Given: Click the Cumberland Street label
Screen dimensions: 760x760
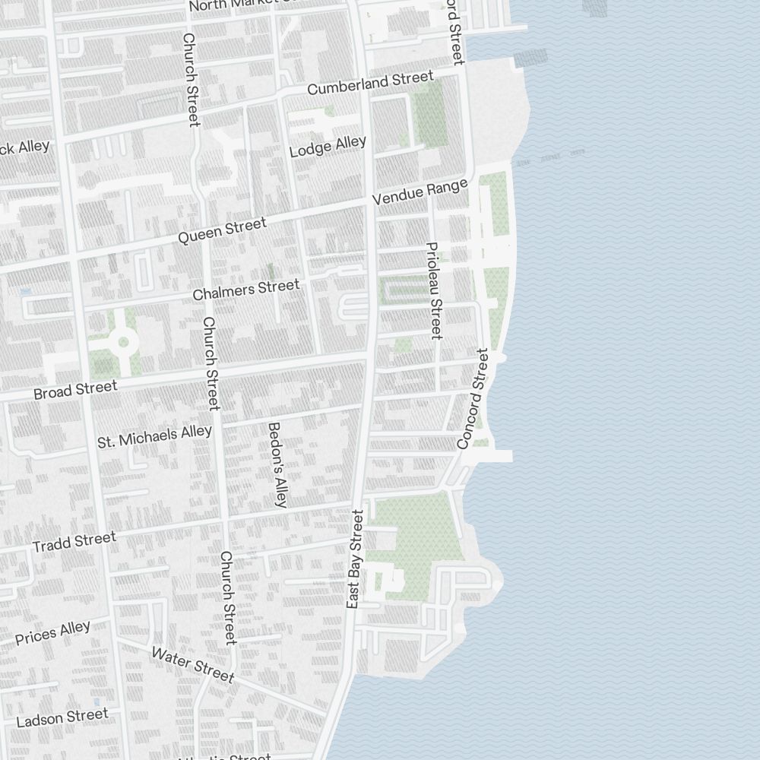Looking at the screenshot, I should click(370, 83).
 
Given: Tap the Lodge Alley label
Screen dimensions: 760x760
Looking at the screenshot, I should click(328, 146).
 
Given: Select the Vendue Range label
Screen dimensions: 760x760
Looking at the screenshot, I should click(419, 192).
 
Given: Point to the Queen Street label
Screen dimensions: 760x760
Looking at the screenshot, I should click(222, 230).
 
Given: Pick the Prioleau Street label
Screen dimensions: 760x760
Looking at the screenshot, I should click(434, 290).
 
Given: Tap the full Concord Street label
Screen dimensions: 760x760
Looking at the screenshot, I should click(472, 398).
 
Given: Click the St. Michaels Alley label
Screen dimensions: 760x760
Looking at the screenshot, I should click(155, 436).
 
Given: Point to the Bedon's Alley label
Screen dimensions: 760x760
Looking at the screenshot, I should click(277, 464).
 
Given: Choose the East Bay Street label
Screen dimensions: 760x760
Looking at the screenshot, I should click(355, 559).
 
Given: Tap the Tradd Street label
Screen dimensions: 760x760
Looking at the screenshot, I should click(74, 542).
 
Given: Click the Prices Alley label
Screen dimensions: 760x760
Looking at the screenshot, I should click(52, 632).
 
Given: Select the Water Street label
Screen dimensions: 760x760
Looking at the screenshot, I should click(192, 665).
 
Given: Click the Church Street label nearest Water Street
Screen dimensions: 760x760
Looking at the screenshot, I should click(228, 597).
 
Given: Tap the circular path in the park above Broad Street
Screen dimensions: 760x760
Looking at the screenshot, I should click(122, 343).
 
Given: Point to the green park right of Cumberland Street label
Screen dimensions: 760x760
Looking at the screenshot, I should click(429, 114).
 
